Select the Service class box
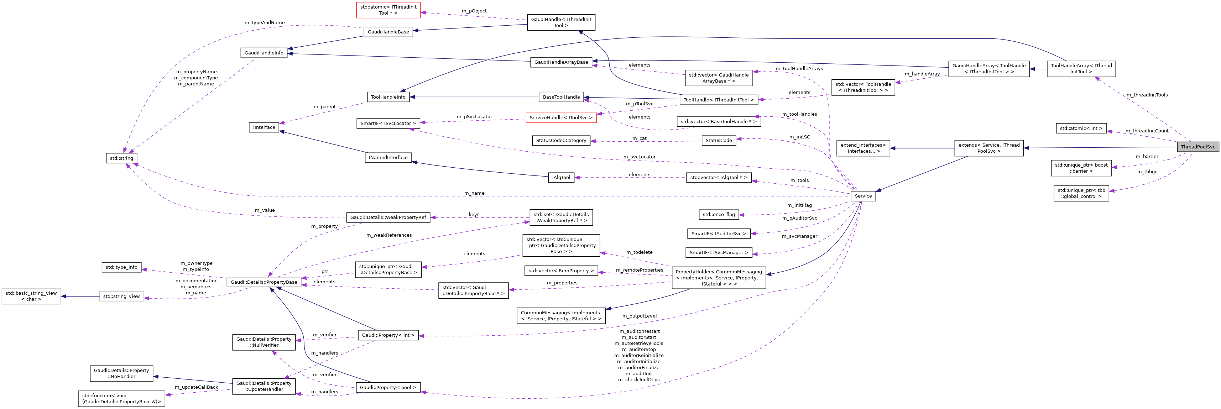pos(863,196)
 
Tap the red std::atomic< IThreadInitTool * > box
pos(388,10)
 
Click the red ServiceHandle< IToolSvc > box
pos(561,117)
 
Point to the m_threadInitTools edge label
pos(1147,95)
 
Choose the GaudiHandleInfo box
pos(263,53)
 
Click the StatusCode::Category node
pos(561,140)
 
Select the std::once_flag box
pos(719,215)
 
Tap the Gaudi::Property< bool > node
pos(388,387)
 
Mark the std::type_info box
pos(121,267)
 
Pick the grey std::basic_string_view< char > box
pos(31,296)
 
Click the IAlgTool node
pos(561,177)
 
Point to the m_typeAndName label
pos(265,23)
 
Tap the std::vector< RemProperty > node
pos(561,271)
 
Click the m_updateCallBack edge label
pos(196,387)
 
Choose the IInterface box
pos(263,127)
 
